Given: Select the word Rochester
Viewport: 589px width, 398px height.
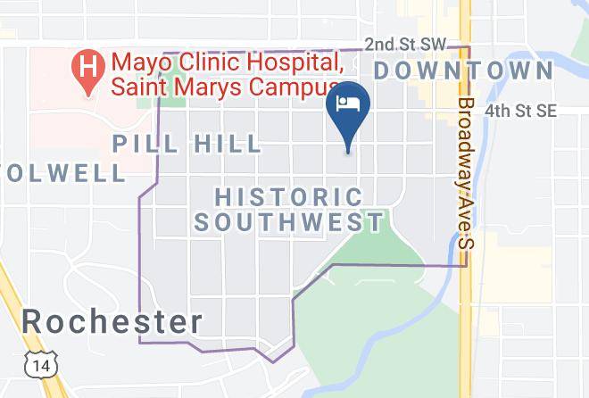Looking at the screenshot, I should click(112, 322).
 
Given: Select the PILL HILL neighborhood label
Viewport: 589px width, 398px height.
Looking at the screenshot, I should click(187, 144).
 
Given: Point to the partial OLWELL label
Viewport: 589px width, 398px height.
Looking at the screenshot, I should click(62, 172).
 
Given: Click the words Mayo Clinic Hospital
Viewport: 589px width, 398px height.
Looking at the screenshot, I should click(226, 63).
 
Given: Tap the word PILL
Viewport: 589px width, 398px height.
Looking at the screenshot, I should click(145, 144).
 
